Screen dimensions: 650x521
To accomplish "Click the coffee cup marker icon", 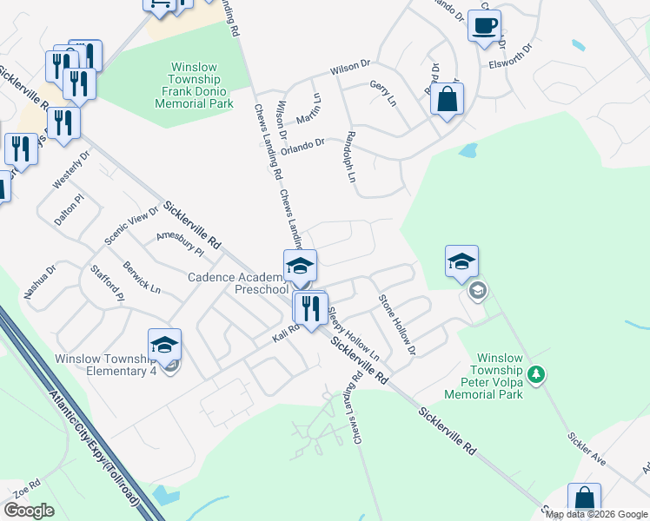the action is [485, 25].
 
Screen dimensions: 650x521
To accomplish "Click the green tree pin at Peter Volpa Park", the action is [538, 374].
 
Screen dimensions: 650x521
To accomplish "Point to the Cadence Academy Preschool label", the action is [238, 283].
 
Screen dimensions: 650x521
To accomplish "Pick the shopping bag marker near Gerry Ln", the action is [447, 100].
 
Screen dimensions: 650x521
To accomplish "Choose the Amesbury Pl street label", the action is [179, 242].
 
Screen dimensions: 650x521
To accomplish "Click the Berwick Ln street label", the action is [141, 276].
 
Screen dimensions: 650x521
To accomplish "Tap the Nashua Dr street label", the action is [39, 281].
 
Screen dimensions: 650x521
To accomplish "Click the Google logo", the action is [29, 511].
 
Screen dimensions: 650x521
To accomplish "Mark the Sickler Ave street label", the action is [587, 446].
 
